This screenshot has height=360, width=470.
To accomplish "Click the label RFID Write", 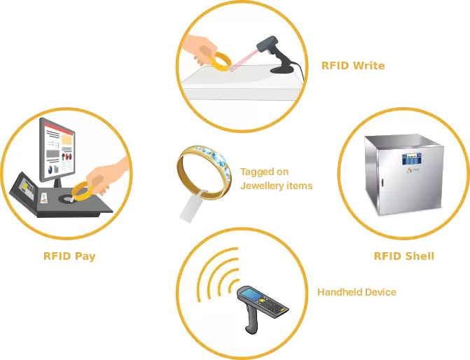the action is (x=353, y=66).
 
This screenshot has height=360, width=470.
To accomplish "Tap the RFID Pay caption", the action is (x=69, y=256).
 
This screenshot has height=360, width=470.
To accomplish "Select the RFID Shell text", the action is (x=404, y=256).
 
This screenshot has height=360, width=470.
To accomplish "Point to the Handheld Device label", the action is (x=357, y=292).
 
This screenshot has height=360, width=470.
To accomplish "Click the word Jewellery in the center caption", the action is (x=262, y=186).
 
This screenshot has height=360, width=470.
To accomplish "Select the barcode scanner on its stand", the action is (x=278, y=55).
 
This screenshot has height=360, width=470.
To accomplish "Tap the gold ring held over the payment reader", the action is (x=83, y=191).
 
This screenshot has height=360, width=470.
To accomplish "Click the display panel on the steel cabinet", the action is (x=412, y=159).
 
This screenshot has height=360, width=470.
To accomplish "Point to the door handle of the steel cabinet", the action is (x=382, y=182).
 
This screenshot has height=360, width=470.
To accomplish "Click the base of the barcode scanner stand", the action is (x=282, y=70).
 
